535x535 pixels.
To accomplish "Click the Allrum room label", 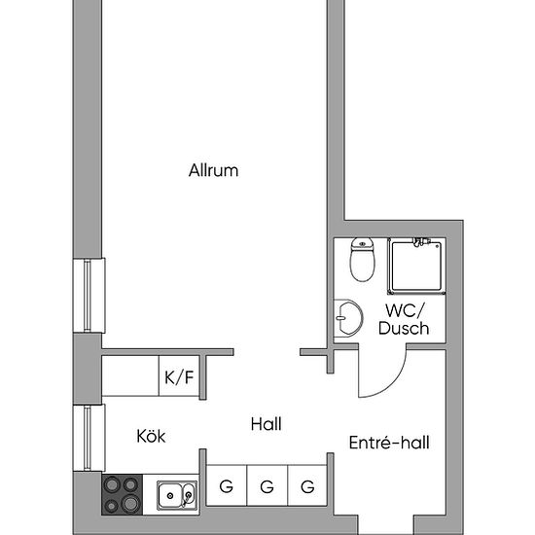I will click(x=213, y=171).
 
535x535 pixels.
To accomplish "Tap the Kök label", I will click(x=151, y=437).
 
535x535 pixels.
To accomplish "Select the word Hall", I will click(x=266, y=424).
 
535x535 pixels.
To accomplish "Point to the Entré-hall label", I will click(x=389, y=444).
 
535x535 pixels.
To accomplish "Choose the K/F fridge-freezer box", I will click(x=178, y=376).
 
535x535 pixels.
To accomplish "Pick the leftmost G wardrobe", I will click(x=226, y=486).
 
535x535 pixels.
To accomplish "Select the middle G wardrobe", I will click(x=267, y=486).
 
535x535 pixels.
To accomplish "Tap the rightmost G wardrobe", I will click(x=307, y=486).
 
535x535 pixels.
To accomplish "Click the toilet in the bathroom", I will click(x=362, y=260).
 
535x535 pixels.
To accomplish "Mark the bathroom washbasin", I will click(x=344, y=319).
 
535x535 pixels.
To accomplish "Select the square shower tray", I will click(x=416, y=266).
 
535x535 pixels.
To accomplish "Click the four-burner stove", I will click(x=123, y=495).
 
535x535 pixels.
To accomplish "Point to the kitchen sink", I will click(x=176, y=496).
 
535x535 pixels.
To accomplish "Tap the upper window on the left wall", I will click(x=89, y=297).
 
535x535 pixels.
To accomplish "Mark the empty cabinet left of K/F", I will click(x=130, y=376).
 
